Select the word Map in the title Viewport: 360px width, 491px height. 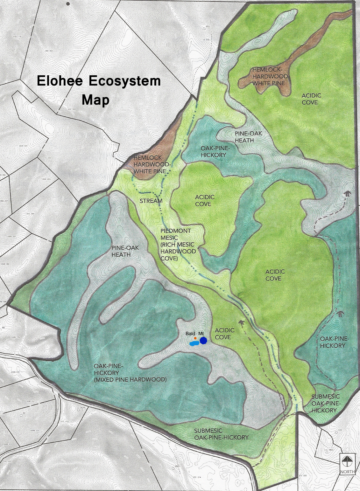click(95, 100)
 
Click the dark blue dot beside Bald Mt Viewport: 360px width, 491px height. click(203, 341)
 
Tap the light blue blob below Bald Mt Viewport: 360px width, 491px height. click(194, 343)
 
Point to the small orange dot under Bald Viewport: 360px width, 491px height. click(195, 338)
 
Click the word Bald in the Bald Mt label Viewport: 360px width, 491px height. click(190, 334)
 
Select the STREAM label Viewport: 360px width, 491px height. click(151, 201)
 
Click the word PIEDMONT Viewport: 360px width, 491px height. click(176, 231)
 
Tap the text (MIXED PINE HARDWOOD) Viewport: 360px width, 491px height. click(131, 380)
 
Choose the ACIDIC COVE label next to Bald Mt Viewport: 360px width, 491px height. click(224, 334)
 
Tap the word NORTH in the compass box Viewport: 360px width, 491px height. click(347, 472)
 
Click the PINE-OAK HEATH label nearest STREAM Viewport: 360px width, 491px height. click(121, 251)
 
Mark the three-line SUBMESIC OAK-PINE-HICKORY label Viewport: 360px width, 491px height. click(325, 403)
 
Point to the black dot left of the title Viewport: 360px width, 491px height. click(68, 4)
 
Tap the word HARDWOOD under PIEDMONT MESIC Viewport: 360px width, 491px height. click(178, 251)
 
